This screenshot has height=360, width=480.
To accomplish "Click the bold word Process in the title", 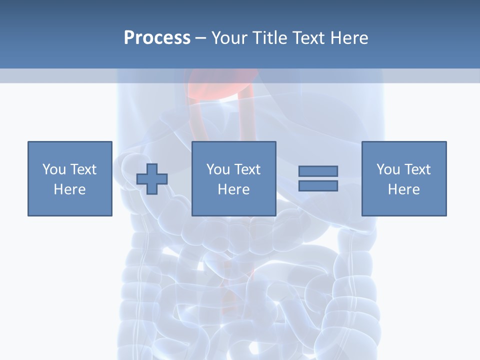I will coord(157,38).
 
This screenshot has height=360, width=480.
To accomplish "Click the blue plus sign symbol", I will coord(152,178).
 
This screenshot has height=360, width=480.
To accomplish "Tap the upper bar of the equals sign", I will coord(318,171).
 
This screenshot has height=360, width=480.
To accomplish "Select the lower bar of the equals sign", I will coord(318,185).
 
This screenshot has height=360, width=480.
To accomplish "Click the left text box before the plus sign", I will coord(70,178).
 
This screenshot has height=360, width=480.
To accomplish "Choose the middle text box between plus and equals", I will coord(233,178).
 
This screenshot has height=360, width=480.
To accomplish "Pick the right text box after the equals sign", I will coord(404,178).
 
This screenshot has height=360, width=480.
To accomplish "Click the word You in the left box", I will coord(54,169).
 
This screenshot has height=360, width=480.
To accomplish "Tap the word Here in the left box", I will coord(70,189).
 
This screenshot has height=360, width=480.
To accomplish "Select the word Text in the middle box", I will coord(247,169).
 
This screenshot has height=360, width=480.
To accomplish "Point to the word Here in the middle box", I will coord(233,189).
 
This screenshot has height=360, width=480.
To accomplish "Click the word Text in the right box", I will coord(417,169).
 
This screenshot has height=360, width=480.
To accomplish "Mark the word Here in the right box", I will coord(404,189).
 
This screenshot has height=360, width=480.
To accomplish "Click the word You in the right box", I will coord(388,169).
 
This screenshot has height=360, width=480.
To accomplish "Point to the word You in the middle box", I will coord(218,169).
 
